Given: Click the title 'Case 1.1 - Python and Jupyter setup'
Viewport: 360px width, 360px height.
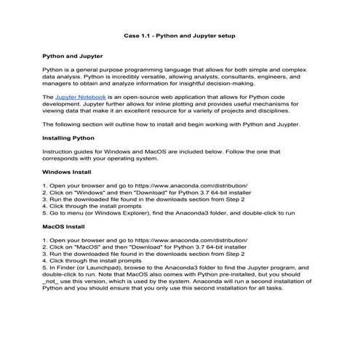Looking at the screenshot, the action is click(x=179, y=35).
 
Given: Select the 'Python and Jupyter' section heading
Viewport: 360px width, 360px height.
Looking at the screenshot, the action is click(x=72, y=55).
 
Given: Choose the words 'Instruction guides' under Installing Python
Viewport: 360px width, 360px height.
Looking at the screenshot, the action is click(x=69, y=151).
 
